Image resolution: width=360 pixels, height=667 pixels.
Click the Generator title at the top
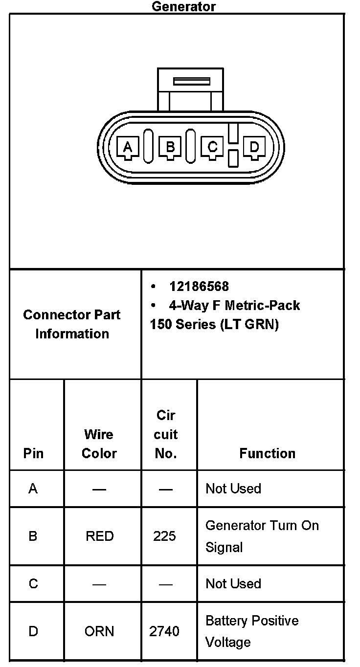[183, 6]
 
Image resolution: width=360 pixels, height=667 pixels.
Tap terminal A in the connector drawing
[128, 147]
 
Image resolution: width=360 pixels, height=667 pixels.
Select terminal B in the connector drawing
[170, 147]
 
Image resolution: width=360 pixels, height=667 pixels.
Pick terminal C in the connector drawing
[212, 147]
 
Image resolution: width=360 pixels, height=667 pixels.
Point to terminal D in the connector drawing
[254, 147]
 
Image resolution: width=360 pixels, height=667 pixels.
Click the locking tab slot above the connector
[191, 81]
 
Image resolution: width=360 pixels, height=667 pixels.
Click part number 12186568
[199, 286]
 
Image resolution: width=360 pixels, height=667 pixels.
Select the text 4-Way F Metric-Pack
[234, 306]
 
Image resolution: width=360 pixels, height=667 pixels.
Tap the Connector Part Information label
[72, 324]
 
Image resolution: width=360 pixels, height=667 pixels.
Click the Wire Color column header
[99, 444]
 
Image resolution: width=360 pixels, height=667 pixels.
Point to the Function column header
[267, 453]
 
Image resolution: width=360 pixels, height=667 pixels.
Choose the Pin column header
[33, 453]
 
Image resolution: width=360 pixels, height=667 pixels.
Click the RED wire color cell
[99, 536]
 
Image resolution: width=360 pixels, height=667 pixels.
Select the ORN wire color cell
[99, 631]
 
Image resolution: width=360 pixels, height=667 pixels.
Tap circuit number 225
[164, 536]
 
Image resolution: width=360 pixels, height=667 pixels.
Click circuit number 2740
[164, 631]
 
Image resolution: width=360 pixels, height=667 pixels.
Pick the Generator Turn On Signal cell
[262, 536]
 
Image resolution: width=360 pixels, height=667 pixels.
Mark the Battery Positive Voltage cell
[252, 631]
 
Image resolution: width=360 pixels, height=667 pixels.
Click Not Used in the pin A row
[233, 489]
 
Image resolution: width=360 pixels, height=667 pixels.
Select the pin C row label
[33, 583]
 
